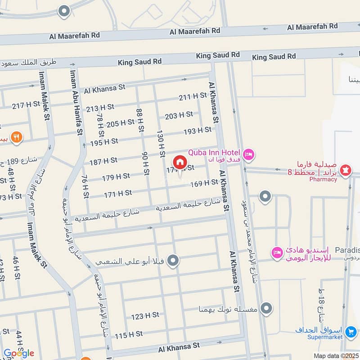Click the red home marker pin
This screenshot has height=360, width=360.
pyautogui.click(x=180, y=162)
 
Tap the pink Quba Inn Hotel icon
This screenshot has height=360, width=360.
pyautogui.click(x=250, y=155)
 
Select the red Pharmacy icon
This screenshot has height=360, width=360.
pyautogui.click(x=346, y=171)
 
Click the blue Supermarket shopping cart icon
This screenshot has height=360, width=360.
pyautogui.click(x=351, y=333)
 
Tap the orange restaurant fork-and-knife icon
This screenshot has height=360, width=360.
pyautogui.click(x=17, y=137)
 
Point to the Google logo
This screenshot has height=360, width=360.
pyautogui.click(x=18, y=353)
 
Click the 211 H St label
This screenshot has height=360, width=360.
pyautogui.click(x=192, y=96)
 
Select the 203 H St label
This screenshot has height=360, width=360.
pyautogui.click(x=179, y=116)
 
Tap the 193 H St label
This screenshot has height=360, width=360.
pyautogui.click(x=197, y=131)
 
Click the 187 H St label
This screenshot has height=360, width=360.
pyautogui.click(x=103, y=160)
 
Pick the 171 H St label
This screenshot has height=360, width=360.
pyautogui.click(x=117, y=193)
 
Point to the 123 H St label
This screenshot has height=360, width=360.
pyautogui.click(x=145, y=315)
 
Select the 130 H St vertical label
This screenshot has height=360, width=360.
pyautogui.click(x=160, y=143)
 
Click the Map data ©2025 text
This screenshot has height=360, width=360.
pyautogui.click(x=335, y=355)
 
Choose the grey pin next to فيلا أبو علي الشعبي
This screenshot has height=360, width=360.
pyautogui.click(x=173, y=260)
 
